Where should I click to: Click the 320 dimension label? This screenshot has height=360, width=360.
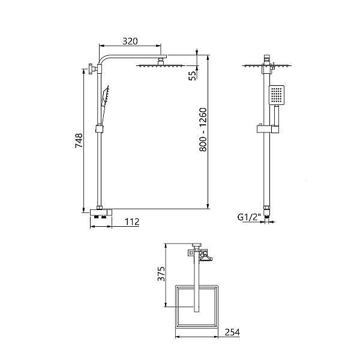click(x=130, y=41)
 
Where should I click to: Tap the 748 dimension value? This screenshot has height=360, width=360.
click(x=79, y=140)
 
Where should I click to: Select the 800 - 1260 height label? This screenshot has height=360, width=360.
click(x=203, y=130)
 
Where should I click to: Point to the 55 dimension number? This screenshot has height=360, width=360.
click(x=193, y=76)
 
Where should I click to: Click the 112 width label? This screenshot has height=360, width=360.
click(x=132, y=222)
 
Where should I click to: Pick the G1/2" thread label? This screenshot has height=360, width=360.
click(x=249, y=217)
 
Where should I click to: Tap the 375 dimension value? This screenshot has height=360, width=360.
click(x=161, y=274)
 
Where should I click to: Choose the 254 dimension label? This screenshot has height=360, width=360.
click(x=232, y=332)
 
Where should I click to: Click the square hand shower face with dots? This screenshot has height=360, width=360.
click(x=277, y=95)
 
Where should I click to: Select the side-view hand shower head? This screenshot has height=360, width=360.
click(x=106, y=94)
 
